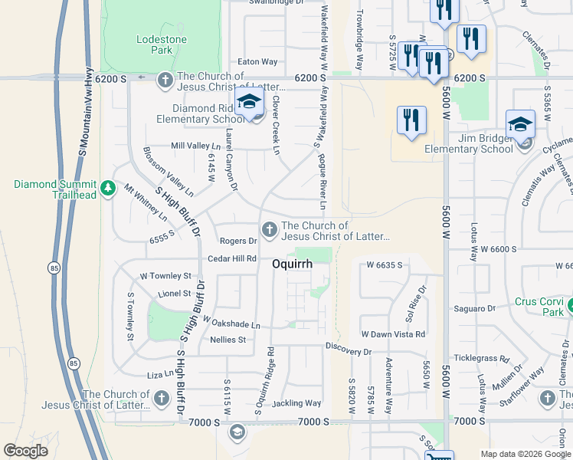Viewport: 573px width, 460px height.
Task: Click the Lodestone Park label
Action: pos(156,44)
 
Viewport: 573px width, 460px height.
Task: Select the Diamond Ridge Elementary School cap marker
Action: pos(250,103)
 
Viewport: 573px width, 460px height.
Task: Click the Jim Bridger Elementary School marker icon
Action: pos(520,124)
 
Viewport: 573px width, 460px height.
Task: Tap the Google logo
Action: pos(26,451)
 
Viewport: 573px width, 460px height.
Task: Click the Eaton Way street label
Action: pos(257,61)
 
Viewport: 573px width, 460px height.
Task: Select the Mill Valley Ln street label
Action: pos(195,146)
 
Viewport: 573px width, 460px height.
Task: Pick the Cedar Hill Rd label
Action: pos(232,259)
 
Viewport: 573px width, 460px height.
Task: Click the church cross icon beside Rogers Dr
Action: pos(269,229)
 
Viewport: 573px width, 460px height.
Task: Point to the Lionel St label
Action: pos(175,293)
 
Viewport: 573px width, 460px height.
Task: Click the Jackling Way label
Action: pos(296,402)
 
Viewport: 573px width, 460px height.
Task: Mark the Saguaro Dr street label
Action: pos(475,308)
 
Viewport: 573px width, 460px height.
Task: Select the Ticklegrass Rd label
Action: pos(481,358)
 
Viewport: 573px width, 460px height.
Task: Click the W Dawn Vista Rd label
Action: pos(393,334)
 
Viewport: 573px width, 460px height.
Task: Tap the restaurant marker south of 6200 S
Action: pos(411,121)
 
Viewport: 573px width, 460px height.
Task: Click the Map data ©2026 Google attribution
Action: pos(526,454)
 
